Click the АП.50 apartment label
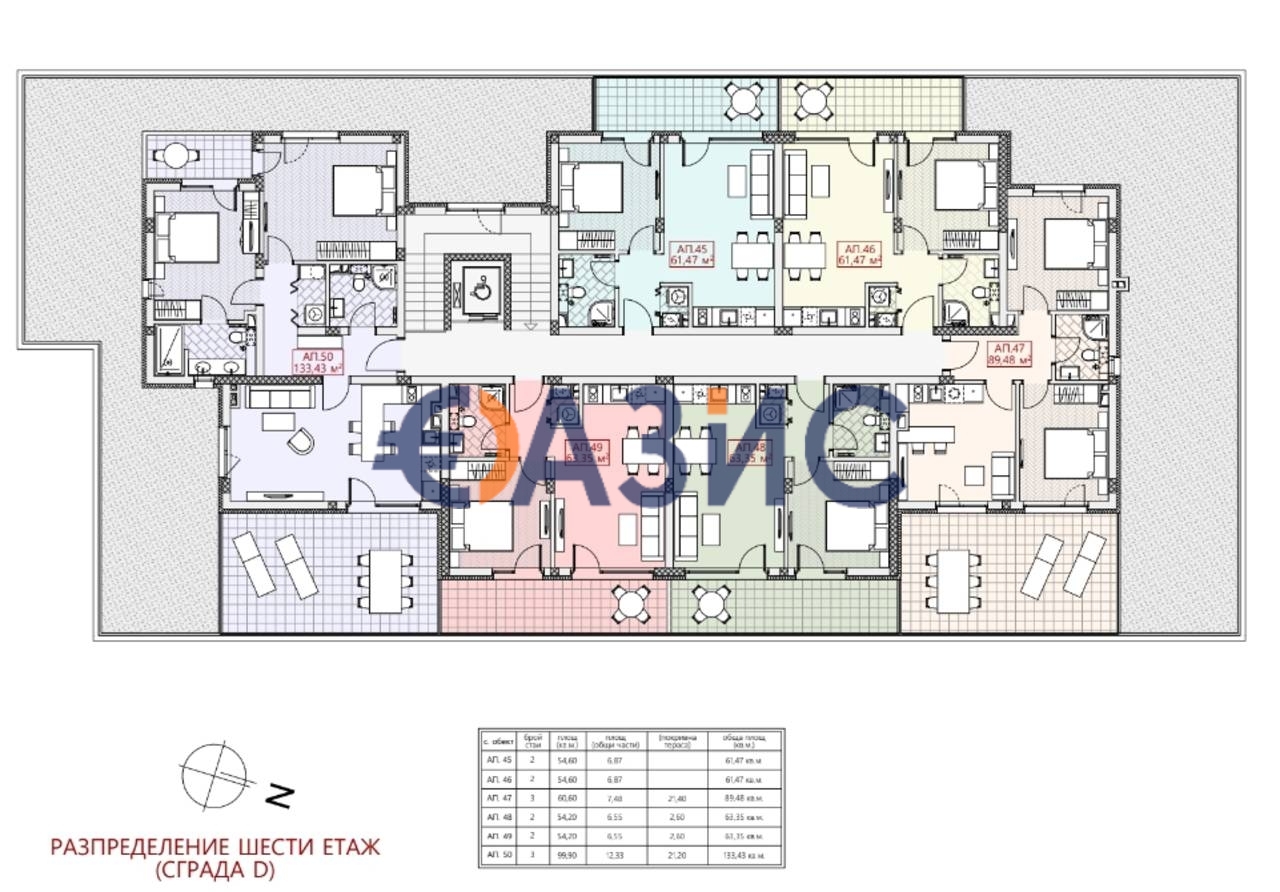(317, 362)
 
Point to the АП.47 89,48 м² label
(1009, 355)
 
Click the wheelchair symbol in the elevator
(478, 288)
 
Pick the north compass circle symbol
(213, 774)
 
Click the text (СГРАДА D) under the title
(214, 870)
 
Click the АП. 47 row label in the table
(497, 799)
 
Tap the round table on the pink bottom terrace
(628, 602)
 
